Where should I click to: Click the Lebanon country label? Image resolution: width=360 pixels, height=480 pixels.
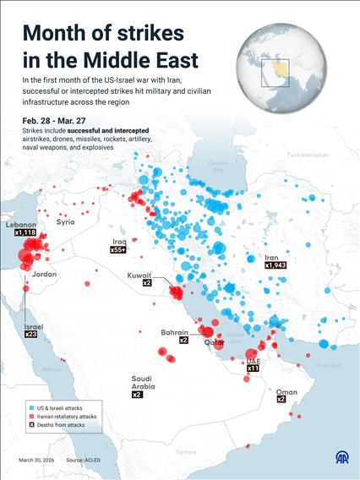[x=20, y=225]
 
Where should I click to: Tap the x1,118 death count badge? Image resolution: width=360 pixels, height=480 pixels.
[x=23, y=232]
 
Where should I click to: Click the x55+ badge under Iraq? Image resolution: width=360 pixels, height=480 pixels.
[x=118, y=250]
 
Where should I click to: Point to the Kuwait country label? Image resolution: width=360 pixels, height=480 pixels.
[x=139, y=275]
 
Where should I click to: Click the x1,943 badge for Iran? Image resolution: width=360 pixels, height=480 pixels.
[x=275, y=265]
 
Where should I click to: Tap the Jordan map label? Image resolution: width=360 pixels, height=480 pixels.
[x=44, y=275]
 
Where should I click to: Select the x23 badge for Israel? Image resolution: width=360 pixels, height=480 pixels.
[x=30, y=335]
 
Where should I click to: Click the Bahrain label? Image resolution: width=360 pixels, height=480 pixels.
[x=174, y=332]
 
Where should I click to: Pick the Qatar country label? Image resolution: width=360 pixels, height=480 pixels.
[x=214, y=344]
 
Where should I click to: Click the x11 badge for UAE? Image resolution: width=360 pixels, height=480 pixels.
[x=253, y=368]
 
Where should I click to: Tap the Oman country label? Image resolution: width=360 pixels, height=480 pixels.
[x=286, y=392]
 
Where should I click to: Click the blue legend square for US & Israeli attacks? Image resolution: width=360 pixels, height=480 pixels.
[x=29, y=407]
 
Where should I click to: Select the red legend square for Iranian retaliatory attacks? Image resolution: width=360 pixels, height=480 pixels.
[x=29, y=417]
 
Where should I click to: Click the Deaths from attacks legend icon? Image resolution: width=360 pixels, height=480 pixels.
[x=29, y=426]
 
